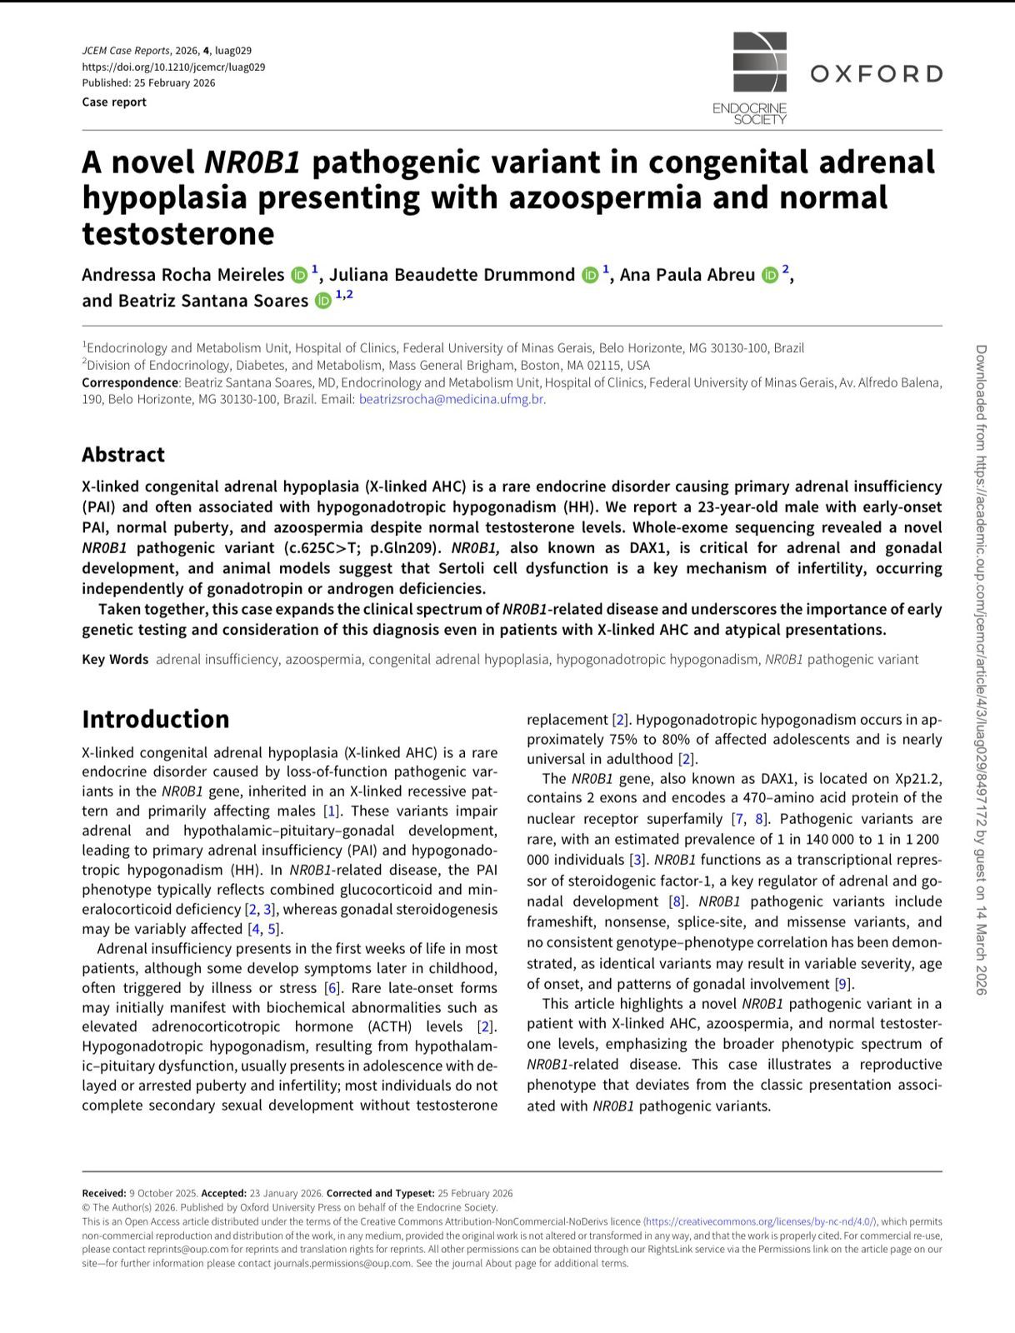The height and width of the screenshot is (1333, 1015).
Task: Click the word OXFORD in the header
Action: (x=876, y=74)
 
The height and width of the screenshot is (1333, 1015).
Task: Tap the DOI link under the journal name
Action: (x=173, y=67)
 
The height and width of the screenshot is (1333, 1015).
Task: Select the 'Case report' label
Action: (x=114, y=102)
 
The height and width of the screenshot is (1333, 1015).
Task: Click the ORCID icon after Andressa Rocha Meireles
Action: (x=298, y=275)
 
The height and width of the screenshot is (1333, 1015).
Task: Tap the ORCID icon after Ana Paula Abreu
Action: (x=769, y=275)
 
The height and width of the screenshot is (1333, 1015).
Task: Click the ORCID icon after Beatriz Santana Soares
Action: (x=322, y=300)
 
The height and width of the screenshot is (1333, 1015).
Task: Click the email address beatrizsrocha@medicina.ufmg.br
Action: (x=451, y=399)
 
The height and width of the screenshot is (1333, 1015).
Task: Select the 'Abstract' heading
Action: (x=123, y=454)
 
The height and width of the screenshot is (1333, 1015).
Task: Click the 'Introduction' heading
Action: (x=155, y=718)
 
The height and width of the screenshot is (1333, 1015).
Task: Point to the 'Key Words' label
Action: (x=115, y=659)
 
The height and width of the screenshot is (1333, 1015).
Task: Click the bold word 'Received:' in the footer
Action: (x=104, y=1193)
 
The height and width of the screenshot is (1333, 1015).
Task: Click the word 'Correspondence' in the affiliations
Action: (x=130, y=382)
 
